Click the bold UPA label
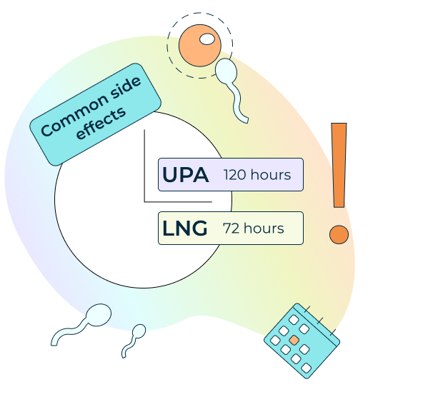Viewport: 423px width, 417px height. click(x=186, y=175)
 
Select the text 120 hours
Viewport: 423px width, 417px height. click(x=257, y=175)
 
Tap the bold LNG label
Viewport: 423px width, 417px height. click(x=185, y=228)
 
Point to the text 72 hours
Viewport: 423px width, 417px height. click(x=254, y=228)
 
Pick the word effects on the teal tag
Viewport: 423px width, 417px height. click(x=101, y=124)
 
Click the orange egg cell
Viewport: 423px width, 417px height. click(x=200, y=45)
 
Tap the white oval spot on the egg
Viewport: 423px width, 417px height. click(x=207, y=39)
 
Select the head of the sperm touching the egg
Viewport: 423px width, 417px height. click(x=226, y=71)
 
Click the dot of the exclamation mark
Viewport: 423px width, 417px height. click(x=339, y=234)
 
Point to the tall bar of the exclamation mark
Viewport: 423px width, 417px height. click(x=339, y=165)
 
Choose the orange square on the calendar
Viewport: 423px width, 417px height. click(x=294, y=340)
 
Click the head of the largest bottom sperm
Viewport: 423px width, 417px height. click(x=99, y=315)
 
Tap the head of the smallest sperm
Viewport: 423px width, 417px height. click(x=139, y=331)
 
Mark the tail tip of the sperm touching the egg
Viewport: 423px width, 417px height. click(x=246, y=121)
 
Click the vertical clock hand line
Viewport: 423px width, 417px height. click(x=144, y=166)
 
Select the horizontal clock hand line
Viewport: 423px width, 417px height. click(x=178, y=201)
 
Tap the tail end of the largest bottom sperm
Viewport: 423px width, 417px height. click(x=54, y=343)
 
